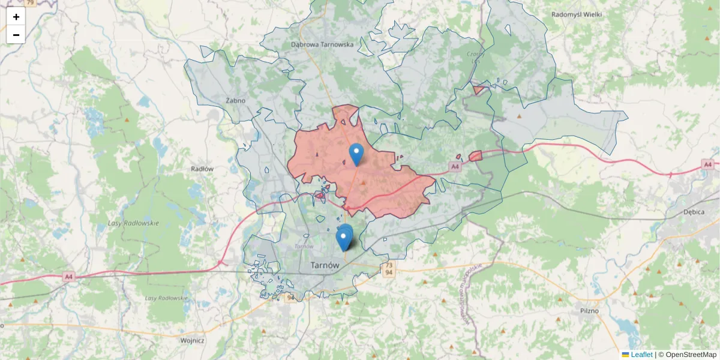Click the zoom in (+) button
[x=16, y=17]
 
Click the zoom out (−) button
[x=16, y=35]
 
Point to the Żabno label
[x=236, y=100]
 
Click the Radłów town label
[x=202, y=169]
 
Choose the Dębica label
[x=695, y=212]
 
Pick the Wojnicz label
[x=192, y=340]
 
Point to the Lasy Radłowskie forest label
[x=133, y=223]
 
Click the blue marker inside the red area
[x=356, y=154]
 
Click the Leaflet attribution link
[x=641, y=355]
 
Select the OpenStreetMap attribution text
[x=691, y=355]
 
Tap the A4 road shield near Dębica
[x=708, y=164]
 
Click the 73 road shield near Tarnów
[x=389, y=265]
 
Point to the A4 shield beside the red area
[x=455, y=166]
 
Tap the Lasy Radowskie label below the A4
[x=166, y=298]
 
